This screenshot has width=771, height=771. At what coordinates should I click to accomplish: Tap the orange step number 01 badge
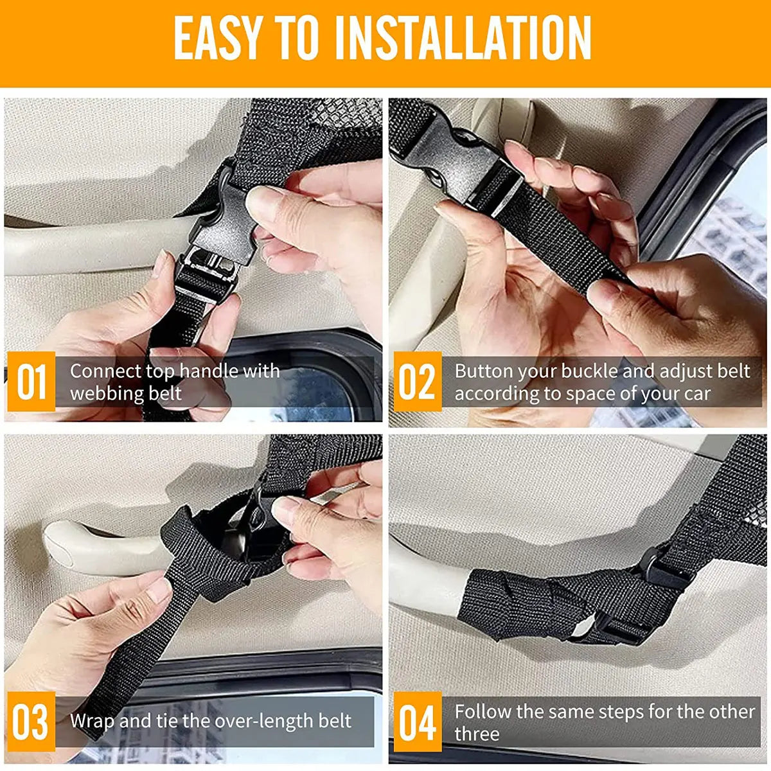(31, 382)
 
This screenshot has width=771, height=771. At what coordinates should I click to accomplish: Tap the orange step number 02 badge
(417, 382)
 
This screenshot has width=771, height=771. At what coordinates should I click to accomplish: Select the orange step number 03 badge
(31, 722)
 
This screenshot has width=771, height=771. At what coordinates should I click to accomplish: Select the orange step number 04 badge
(417, 722)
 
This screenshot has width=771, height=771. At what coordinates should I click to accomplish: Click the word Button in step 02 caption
(484, 371)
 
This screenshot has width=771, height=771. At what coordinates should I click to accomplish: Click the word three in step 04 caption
(477, 734)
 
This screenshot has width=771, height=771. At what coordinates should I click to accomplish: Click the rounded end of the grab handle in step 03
(61, 540)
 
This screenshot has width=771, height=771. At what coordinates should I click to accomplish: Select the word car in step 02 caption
(696, 394)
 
